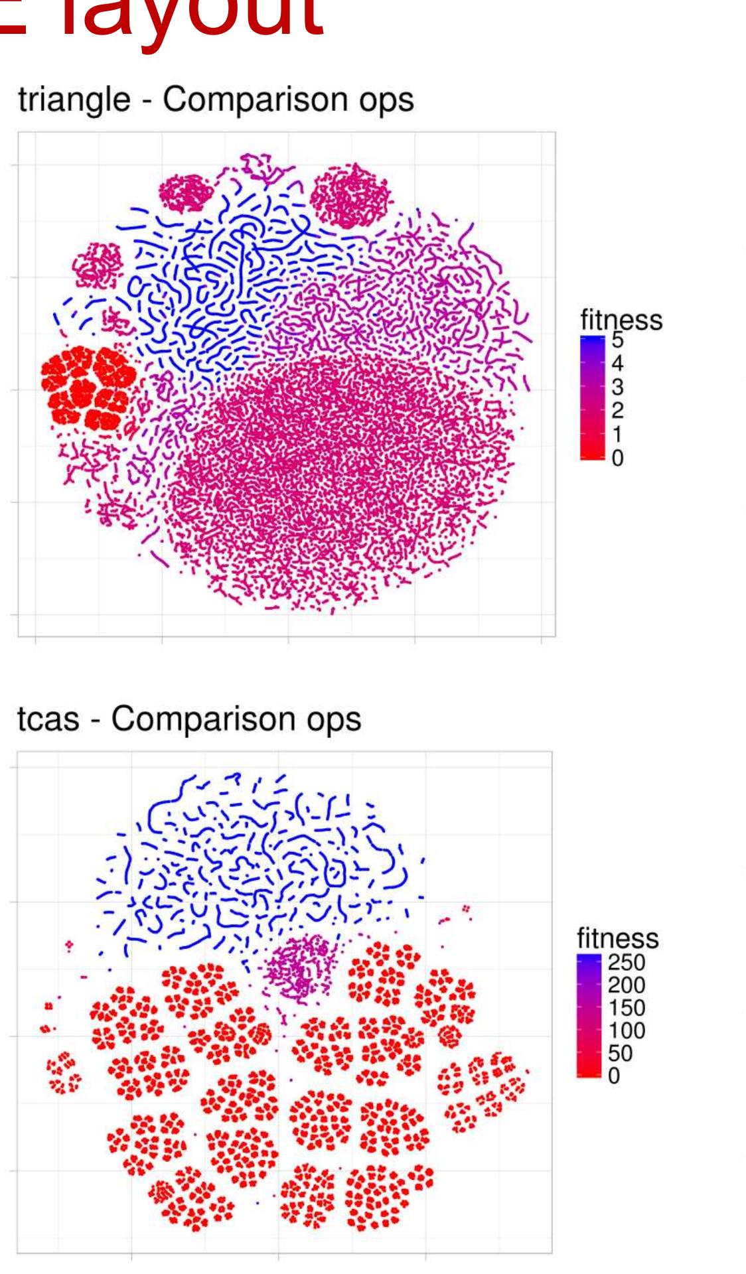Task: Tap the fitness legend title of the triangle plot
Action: point(621,320)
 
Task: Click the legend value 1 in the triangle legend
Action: point(617,435)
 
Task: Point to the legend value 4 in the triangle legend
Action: point(617,364)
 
